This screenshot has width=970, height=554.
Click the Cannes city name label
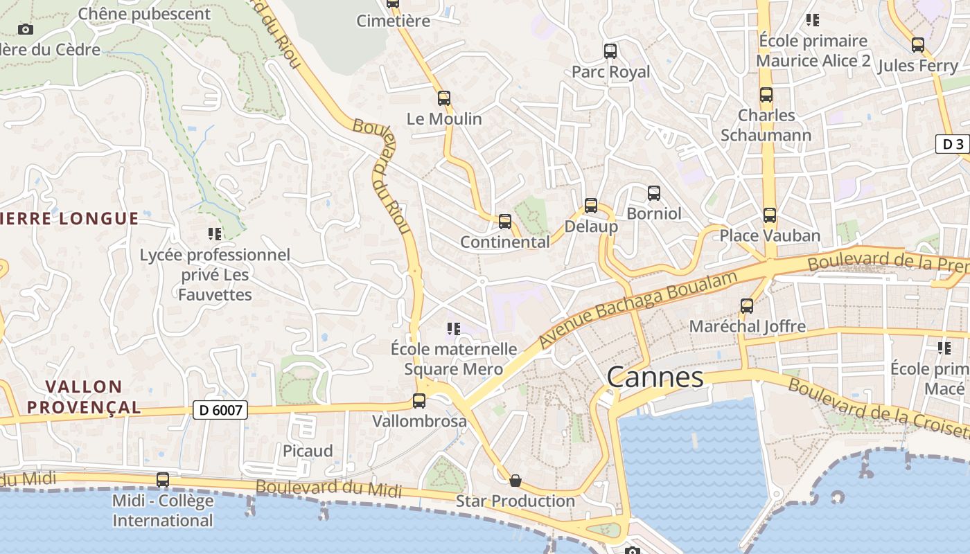click(655, 377)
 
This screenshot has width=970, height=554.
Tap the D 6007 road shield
click(220, 411)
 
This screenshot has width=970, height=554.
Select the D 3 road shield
click(953, 144)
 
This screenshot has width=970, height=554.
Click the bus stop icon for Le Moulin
click(444, 98)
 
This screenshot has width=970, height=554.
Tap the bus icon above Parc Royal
click(610, 51)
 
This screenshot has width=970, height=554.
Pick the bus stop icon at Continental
click(505, 222)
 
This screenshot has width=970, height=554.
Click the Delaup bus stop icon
click(590, 206)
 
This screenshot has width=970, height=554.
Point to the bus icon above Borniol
click(653, 193)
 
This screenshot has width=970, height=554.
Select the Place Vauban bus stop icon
click(769, 215)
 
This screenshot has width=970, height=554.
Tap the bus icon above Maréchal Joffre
click(746, 305)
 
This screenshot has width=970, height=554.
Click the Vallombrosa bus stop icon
click(419, 400)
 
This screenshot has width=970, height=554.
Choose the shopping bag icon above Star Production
click(515, 480)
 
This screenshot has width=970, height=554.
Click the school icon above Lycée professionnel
click(214, 234)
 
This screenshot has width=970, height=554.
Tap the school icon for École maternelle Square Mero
click(454, 328)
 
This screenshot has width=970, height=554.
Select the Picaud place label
click(308, 451)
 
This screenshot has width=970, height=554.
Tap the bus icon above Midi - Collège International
click(163, 479)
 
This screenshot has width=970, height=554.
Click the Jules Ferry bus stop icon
click(918, 45)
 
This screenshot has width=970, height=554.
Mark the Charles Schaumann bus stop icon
click(766, 95)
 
